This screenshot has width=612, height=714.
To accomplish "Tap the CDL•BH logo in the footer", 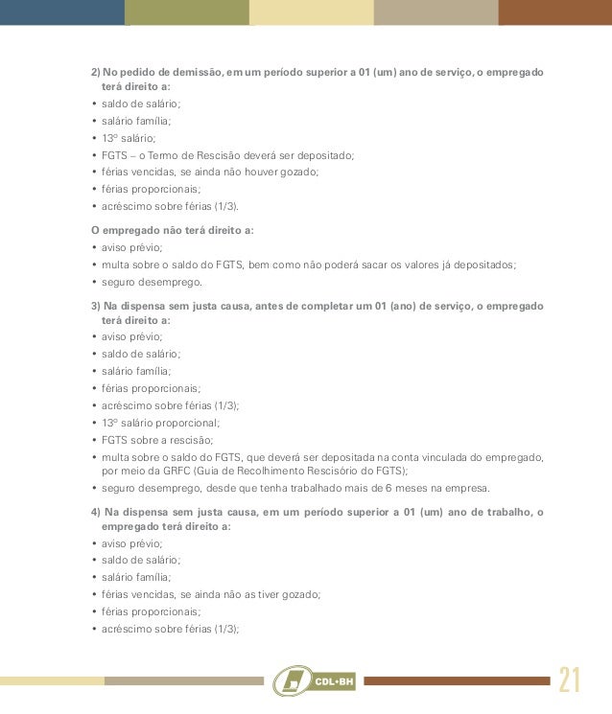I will (315, 680).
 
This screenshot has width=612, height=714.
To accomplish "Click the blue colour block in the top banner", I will (62, 12).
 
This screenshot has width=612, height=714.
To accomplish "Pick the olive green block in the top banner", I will (187, 12).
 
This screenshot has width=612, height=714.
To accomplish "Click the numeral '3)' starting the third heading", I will (95, 306).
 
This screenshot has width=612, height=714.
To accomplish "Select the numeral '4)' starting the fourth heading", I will (95, 512).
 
